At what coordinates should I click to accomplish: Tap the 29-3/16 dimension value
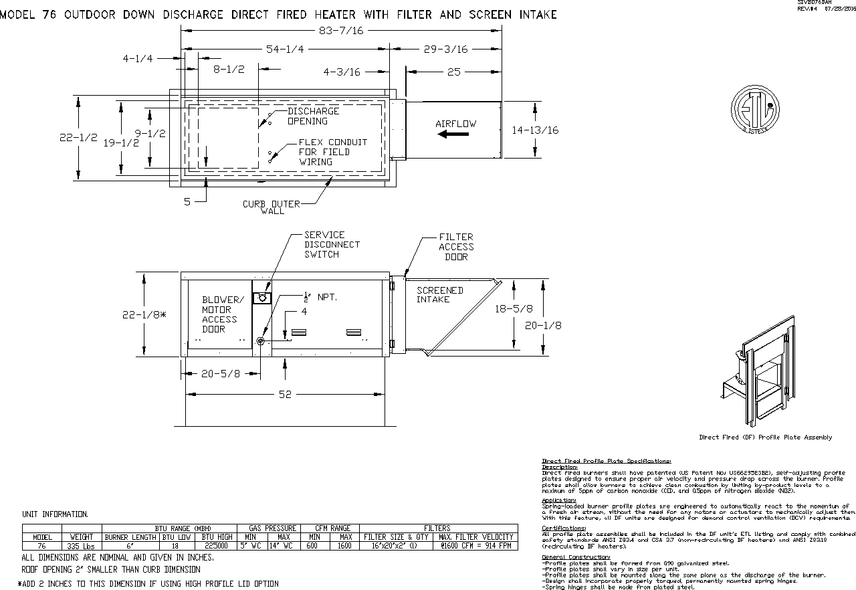click(x=445, y=50)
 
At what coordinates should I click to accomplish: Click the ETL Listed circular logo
click(x=754, y=110)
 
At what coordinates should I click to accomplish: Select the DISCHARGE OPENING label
click(x=313, y=116)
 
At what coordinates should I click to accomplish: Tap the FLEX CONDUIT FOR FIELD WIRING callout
click(x=332, y=152)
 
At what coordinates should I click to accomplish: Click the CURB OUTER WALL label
click(x=272, y=207)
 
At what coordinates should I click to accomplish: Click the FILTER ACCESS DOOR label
click(x=456, y=247)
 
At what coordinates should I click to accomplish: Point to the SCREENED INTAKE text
click(x=439, y=295)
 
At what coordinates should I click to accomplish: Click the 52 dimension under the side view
click(x=285, y=395)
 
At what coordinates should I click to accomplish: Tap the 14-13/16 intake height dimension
click(x=535, y=130)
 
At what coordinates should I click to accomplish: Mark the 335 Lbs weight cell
click(x=82, y=547)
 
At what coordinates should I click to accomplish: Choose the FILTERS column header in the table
click(x=437, y=528)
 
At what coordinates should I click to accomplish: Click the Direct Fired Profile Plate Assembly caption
click(x=765, y=437)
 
